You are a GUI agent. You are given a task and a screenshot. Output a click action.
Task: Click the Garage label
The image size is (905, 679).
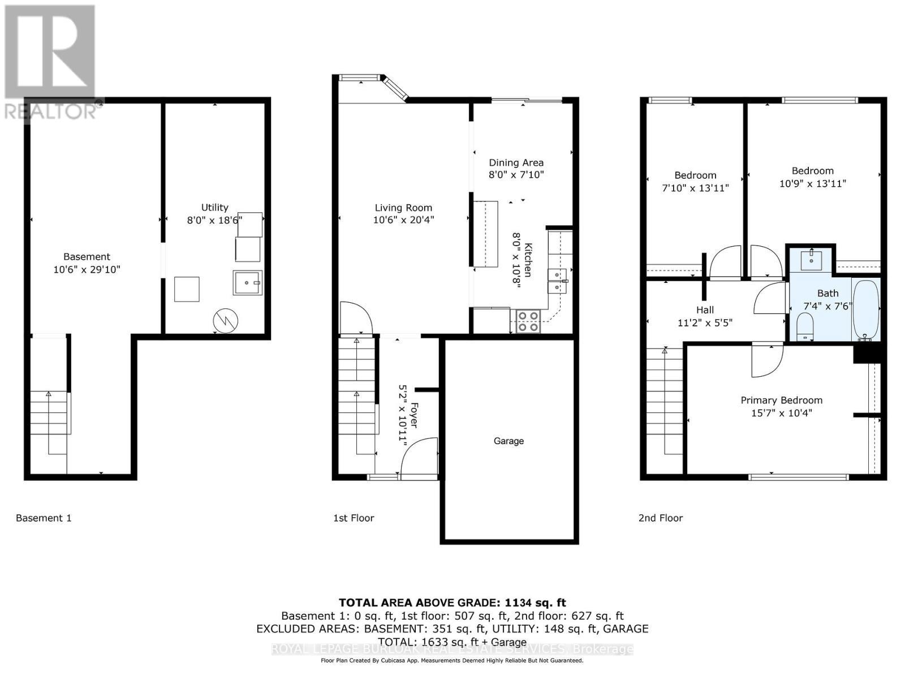508,441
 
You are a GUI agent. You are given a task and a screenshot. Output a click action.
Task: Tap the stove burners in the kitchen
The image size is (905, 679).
528,321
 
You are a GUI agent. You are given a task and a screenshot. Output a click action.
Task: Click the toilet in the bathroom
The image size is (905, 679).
804,326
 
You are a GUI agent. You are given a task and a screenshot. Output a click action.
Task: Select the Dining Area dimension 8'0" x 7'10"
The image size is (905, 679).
516,175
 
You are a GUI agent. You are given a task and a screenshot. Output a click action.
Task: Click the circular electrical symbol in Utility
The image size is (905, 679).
226,321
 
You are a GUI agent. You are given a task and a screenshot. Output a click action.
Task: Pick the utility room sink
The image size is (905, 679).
247,282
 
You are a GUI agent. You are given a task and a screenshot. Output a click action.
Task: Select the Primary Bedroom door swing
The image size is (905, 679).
768,360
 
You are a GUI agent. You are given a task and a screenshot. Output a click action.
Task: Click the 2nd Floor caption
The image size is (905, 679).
661,518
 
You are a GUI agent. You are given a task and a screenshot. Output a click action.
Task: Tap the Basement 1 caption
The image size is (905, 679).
44,518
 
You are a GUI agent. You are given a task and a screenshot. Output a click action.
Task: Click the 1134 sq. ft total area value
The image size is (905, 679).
536,603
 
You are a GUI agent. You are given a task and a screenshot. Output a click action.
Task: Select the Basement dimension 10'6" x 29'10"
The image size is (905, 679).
87,270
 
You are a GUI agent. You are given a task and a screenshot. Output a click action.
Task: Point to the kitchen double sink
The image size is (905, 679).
558,281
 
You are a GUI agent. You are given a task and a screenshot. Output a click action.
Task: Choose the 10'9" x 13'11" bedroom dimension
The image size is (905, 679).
812,183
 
